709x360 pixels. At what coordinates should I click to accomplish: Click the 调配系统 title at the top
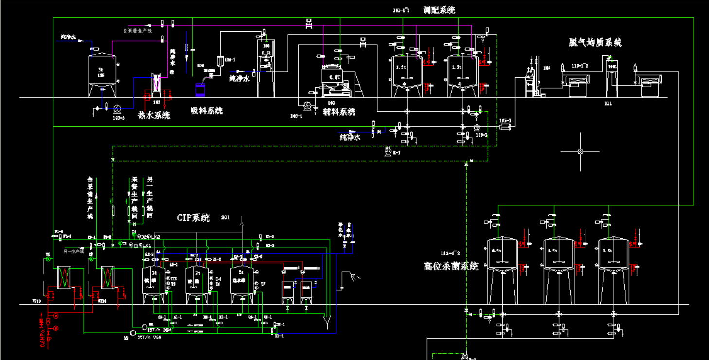439,10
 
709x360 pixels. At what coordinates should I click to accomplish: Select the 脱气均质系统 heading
595,43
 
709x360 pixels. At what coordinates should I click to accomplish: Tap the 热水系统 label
154,115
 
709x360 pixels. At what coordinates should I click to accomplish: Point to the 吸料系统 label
207,111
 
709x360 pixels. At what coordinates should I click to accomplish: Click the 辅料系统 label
339,112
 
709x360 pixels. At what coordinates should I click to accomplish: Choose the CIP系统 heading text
194,218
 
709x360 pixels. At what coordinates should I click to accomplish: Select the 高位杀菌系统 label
451,266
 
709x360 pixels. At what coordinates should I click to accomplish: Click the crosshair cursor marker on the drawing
580,152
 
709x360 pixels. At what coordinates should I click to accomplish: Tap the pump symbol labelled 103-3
117,108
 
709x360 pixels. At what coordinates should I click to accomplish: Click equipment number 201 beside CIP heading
225,217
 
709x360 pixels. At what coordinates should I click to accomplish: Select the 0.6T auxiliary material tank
335,78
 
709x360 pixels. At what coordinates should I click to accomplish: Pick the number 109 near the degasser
547,69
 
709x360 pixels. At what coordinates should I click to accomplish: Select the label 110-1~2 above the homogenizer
579,65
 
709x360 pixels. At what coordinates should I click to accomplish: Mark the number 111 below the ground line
608,104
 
